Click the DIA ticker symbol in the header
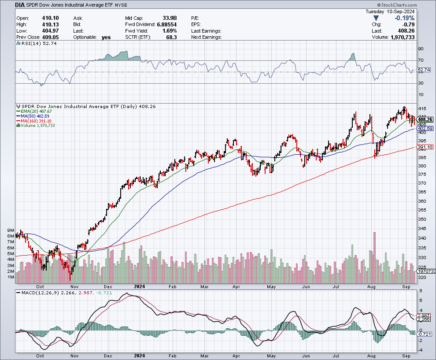(x=21, y=5)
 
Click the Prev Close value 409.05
(x=50, y=37)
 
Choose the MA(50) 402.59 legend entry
(x=34, y=116)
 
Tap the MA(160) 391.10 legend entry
(x=35, y=121)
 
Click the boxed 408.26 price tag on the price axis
(x=425, y=119)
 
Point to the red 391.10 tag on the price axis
(x=425, y=147)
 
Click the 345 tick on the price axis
(x=421, y=228)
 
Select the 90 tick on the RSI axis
(x=420, y=49)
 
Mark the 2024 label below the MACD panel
(x=139, y=355)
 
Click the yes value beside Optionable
(x=106, y=37)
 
